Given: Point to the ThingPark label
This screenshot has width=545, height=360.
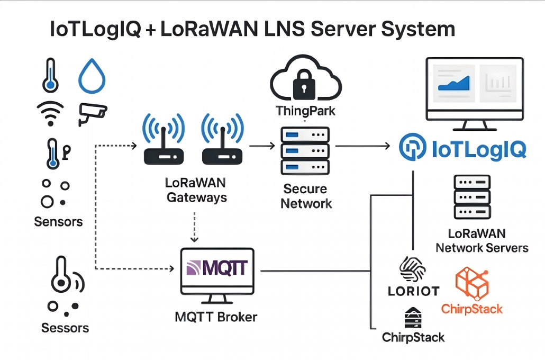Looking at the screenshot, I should click(x=306, y=111).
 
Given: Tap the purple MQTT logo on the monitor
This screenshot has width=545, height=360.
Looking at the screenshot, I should click(x=216, y=267).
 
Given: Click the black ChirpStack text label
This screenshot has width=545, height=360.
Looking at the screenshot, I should click(x=413, y=337).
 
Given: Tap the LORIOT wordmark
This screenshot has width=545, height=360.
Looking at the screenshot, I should click(x=413, y=291).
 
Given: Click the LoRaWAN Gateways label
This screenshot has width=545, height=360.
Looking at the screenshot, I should click(x=196, y=191).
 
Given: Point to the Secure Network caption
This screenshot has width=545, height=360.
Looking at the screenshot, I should click(x=306, y=196).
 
